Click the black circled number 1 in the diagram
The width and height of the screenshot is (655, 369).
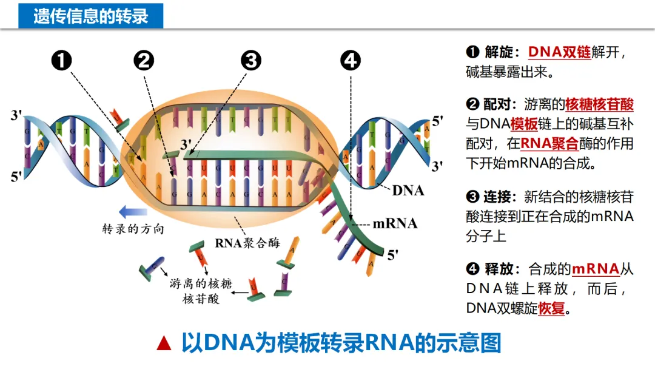(62, 61)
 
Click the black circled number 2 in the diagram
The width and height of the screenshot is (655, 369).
(144, 61)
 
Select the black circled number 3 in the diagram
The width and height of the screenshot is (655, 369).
(250, 61)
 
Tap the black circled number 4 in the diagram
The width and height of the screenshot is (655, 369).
(351, 61)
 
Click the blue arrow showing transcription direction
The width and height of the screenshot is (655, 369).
(133, 212)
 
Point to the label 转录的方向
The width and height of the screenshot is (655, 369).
(133, 230)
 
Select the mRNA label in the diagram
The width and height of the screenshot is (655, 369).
(395, 223)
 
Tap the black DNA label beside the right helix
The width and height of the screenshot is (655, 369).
(408, 191)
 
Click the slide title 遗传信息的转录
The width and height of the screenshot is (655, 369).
(91, 16)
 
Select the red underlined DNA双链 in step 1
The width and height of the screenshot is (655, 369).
(559, 52)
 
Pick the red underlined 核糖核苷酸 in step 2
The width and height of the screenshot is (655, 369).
(599, 104)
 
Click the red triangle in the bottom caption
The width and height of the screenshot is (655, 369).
(164, 344)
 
